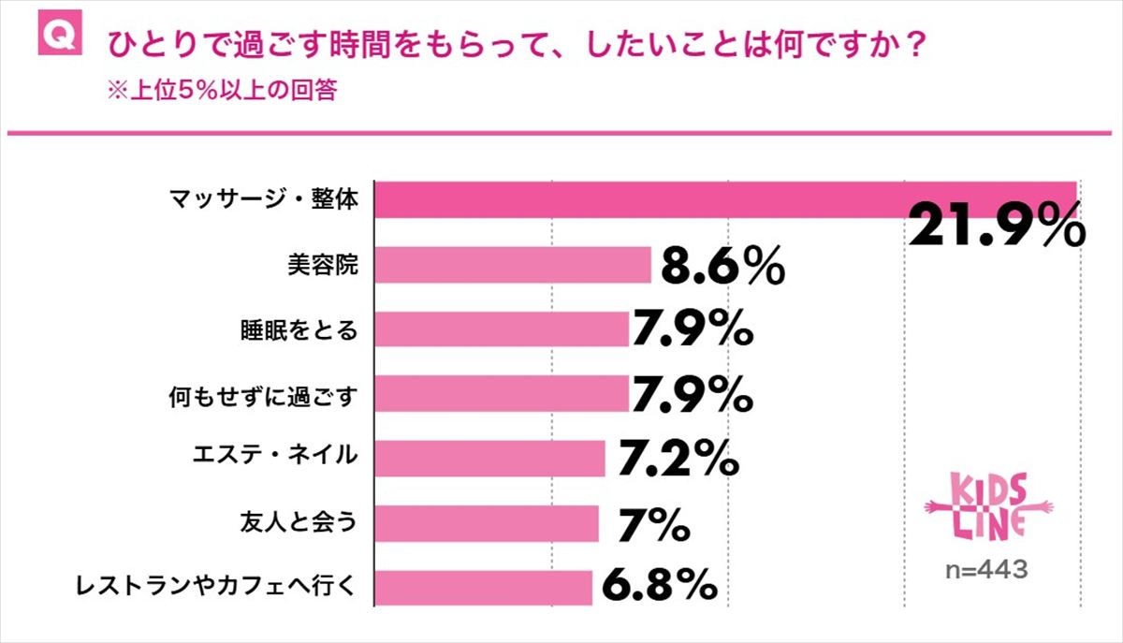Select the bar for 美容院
[x=513, y=265]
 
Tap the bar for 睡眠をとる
[x=502, y=329]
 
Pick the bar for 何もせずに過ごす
[x=502, y=394]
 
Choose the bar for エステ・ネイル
[x=490, y=459]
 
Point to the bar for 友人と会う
[x=487, y=523]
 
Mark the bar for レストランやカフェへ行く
[x=484, y=588]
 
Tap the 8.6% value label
[x=722, y=268]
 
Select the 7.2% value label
[x=678, y=459]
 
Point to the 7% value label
[x=654, y=523]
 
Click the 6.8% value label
[x=659, y=587]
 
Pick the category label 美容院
[x=323, y=266]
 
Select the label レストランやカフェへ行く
[x=216, y=588]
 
